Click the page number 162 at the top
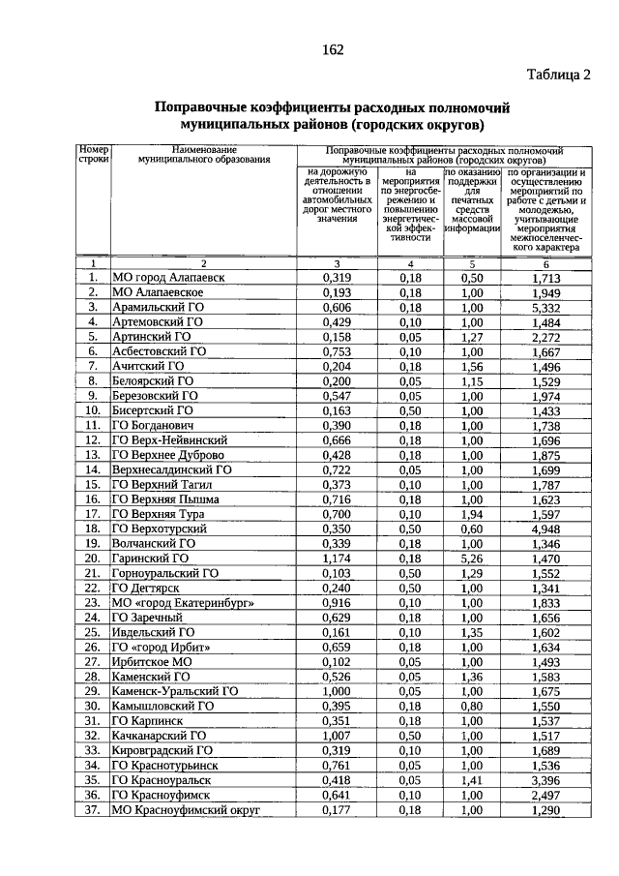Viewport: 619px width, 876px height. point(331,49)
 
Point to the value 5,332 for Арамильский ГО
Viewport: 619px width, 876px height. point(546,307)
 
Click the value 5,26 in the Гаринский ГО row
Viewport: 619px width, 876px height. point(471,559)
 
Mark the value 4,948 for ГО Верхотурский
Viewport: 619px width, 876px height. point(546,529)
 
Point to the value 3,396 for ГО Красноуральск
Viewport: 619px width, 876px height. point(546,779)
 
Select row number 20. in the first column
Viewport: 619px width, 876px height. point(93,559)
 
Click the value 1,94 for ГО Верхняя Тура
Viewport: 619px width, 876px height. point(471,514)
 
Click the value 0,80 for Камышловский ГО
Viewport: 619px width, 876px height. point(471,706)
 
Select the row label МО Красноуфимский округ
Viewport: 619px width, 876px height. point(186,809)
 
